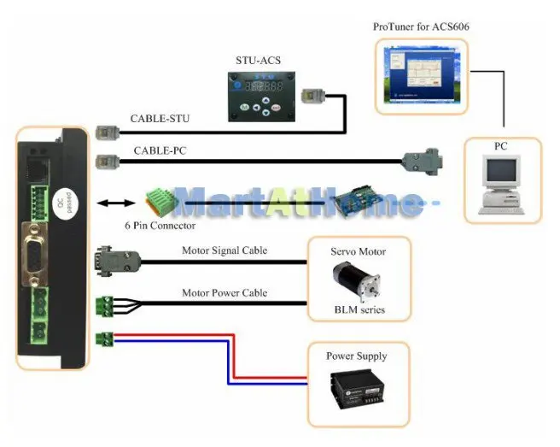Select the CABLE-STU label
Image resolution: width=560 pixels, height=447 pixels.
click(x=160, y=118)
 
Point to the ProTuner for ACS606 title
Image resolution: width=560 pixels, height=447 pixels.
click(x=421, y=26)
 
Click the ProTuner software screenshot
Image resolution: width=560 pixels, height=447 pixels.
click(x=421, y=77)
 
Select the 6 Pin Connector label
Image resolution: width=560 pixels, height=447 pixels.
click(x=160, y=226)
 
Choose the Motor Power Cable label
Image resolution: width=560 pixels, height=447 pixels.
click(x=224, y=292)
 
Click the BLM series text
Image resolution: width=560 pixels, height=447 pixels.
click(x=358, y=309)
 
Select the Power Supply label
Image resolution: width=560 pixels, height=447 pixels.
click(x=356, y=356)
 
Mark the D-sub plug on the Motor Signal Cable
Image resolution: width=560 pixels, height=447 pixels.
click(x=112, y=258)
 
